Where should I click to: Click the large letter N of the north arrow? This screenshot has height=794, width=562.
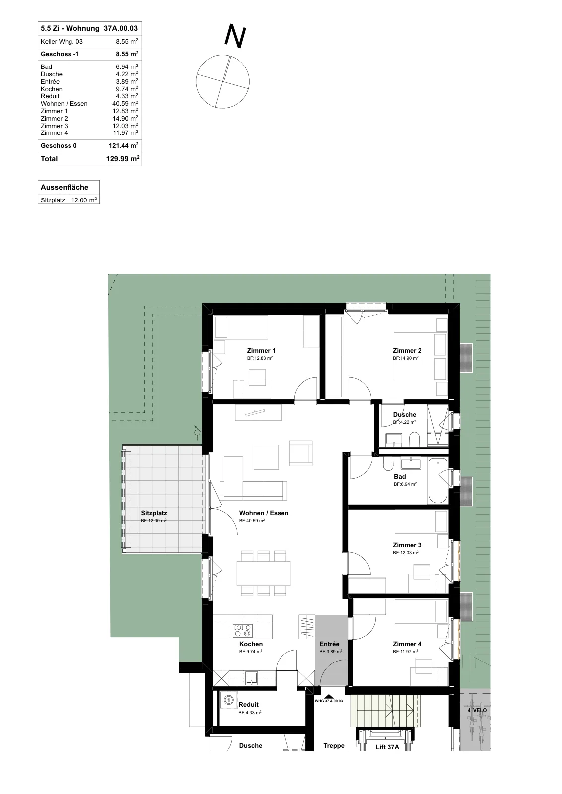coord(235,36)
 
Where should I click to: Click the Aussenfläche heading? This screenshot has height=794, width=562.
coord(64,187)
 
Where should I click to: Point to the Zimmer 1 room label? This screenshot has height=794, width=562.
coord(261,350)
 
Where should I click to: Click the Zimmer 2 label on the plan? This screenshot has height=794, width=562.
coord(407,350)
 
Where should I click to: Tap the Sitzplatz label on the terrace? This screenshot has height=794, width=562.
coord(154,513)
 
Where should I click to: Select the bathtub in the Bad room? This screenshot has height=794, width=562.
coord(438,481)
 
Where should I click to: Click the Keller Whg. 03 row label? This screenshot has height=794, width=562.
coord(62,42)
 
